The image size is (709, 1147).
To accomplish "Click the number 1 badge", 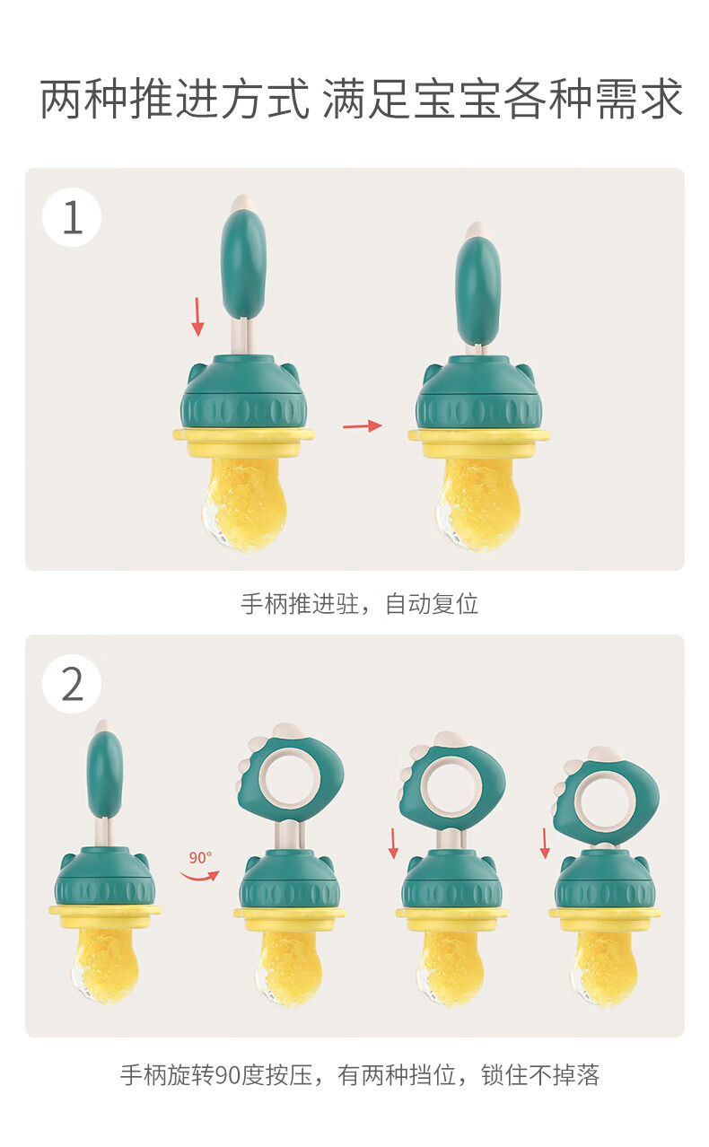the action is pos(72,217).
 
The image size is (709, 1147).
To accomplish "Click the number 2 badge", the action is pos(72,684).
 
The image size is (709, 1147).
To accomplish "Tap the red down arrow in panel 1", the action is pos(197,317).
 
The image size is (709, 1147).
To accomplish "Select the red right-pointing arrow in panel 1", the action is pos(363,425).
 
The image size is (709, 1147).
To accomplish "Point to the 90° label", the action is pos(200,857).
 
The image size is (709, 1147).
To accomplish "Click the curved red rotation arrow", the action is pos(199,876).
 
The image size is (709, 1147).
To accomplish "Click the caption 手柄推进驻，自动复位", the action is pos(359,604).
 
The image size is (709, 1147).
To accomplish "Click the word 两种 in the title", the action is pos(84,99).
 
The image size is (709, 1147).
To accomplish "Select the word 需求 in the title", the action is pos(639,99).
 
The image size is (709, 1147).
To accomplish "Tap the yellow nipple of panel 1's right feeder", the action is pos(478,503).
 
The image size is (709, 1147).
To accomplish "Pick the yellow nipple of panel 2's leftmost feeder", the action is pos(104,965).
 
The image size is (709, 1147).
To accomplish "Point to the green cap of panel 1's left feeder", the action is pos(244,394).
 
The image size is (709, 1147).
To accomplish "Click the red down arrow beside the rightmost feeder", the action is pos(545,844).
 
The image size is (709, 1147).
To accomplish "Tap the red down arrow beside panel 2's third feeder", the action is pos(393,844).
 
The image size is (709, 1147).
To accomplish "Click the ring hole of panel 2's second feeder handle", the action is pos(289,775).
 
